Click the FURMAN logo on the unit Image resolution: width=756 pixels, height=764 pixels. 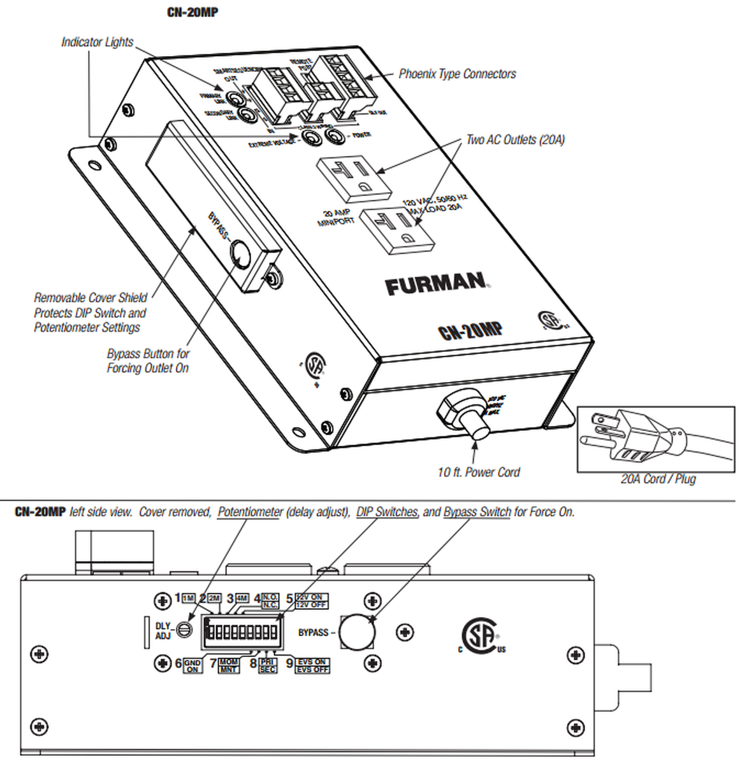click(x=435, y=283)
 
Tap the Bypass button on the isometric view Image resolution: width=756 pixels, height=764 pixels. click(x=241, y=254)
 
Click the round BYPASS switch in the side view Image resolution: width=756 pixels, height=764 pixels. click(x=357, y=632)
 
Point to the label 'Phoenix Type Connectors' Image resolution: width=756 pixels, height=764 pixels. click(x=457, y=74)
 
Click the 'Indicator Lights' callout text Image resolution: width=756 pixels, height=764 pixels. click(x=97, y=42)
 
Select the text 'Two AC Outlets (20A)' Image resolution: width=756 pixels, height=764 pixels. click(x=515, y=139)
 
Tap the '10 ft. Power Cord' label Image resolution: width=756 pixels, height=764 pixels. click(x=478, y=472)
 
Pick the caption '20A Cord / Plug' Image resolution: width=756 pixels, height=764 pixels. click(x=658, y=479)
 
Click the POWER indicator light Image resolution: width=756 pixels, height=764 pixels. click(x=335, y=136)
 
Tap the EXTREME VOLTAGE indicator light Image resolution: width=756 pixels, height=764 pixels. click(x=311, y=138)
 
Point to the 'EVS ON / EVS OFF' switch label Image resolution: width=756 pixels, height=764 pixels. click(x=313, y=666)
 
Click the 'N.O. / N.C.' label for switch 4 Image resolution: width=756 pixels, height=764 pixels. click(x=270, y=600)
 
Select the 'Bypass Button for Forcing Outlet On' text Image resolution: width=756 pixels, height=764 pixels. click(x=148, y=360)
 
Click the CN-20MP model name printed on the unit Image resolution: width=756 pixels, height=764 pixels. click(x=470, y=330)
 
